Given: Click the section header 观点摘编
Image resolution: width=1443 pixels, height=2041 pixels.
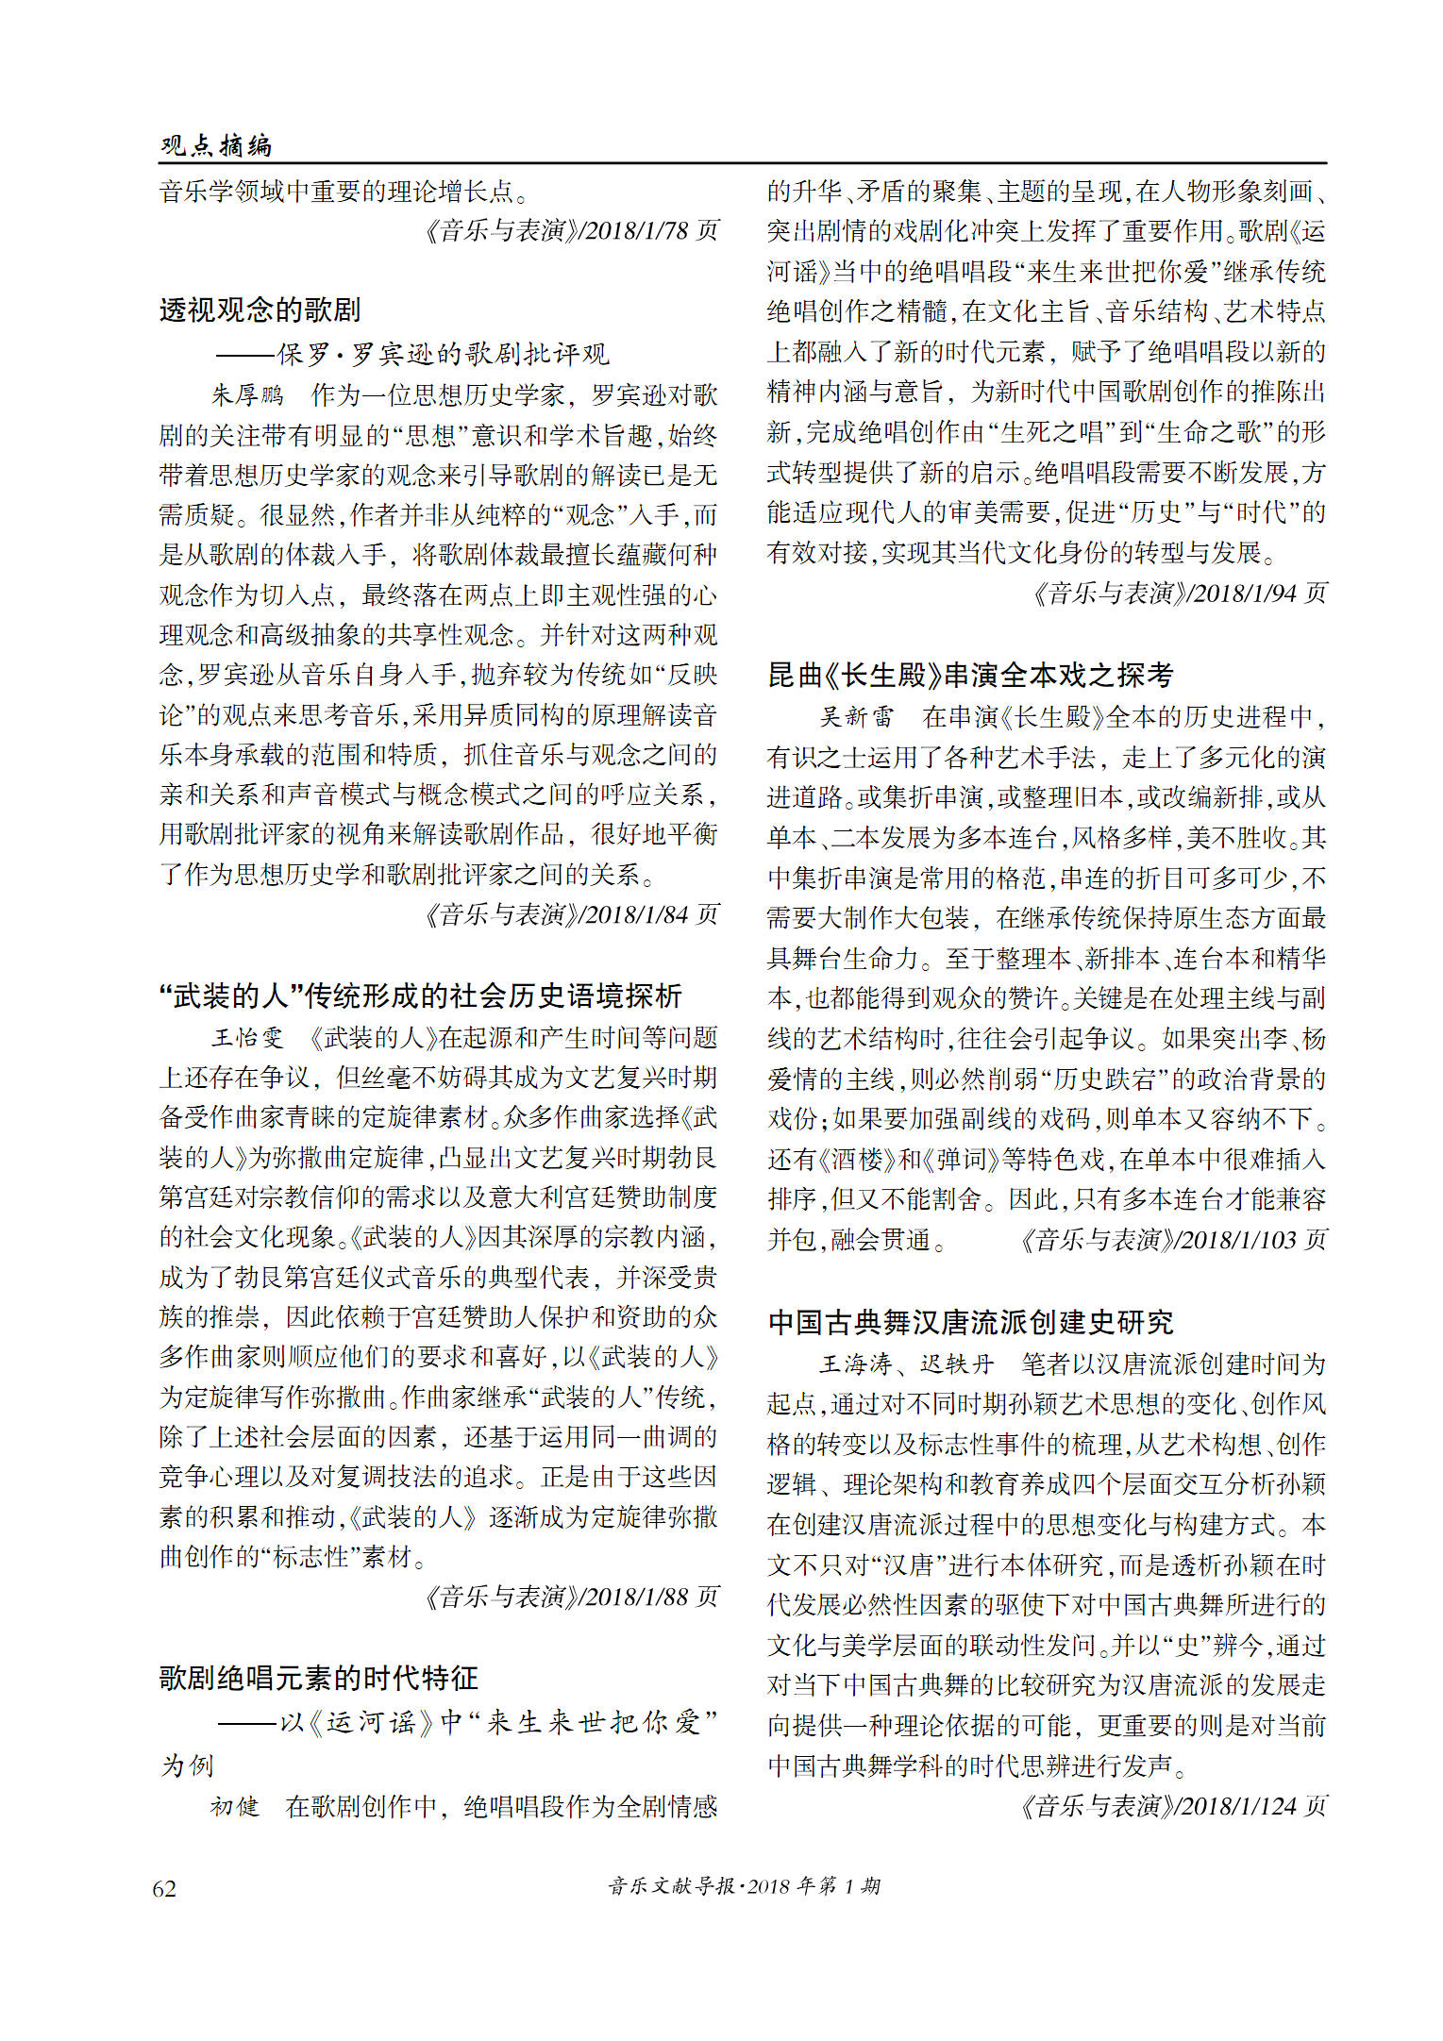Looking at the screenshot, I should pyautogui.click(x=216, y=145).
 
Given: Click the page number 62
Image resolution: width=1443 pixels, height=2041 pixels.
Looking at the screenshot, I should pyautogui.click(x=164, y=1887).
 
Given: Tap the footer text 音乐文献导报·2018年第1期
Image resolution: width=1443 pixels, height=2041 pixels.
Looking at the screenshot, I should pyautogui.click(x=744, y=1885).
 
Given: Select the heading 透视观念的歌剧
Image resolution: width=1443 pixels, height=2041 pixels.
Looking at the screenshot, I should pyautogui.click(x=260, y=309).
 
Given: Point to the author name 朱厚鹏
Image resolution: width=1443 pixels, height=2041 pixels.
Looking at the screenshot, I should pyautogui.click(x=246, y=394).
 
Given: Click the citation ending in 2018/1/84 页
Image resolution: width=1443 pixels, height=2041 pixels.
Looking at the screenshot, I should pyautogui.click(x=570, y=914).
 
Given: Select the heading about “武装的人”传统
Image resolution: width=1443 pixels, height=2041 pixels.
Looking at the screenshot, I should pyautogui.click(x=420, y=995).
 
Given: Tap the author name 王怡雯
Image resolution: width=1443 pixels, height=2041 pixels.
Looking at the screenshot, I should pyautogui.click(x=246, y=1038).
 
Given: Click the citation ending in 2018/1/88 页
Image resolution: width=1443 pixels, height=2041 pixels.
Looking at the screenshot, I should pyautogui.click(x=570, y=1597).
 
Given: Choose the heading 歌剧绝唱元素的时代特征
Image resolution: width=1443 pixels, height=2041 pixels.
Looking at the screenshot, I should pyautogui.click(x=318, y=1678).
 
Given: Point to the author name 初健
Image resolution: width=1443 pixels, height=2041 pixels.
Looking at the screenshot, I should pyautogui.click(x=233, y=1806).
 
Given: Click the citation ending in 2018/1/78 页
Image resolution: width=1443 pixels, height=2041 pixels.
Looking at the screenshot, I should pyautogui.click(x=570, y=230).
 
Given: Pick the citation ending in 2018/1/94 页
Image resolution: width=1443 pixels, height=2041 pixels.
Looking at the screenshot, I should pyautogui.click(x=1178, y=593).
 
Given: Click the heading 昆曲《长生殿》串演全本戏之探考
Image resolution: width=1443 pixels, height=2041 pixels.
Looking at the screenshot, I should pyautogui.click(x=970, y=675).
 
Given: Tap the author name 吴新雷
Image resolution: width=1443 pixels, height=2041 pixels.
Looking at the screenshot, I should pyautogui.click(x=856, y=717).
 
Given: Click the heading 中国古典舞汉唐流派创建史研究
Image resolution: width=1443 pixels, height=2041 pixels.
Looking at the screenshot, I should pyautogui.click(x=970, y=1322).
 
